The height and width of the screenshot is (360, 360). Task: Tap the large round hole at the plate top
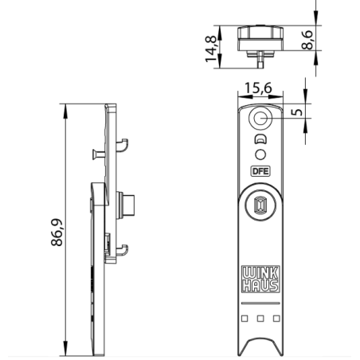(260, 119)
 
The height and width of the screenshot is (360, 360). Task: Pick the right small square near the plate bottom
(275, 319)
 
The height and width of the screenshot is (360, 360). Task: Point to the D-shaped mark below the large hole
(260, 139)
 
